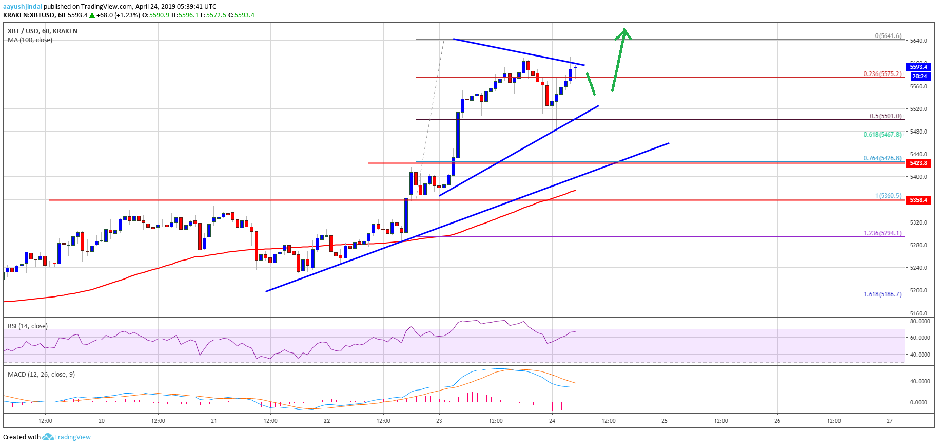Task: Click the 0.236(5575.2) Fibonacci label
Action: coord(882,74)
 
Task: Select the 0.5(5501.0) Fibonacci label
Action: coord(885,116)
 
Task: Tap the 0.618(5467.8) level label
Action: coord(882,135)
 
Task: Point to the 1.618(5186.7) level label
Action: coord(882,294)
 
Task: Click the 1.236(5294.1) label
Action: coord(882,233)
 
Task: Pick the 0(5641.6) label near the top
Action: coord(888,36)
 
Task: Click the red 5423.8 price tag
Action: coord(918,163)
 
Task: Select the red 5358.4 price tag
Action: coord(918,200)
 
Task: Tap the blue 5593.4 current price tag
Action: coord(918,67)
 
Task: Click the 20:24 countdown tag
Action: coord(919,76)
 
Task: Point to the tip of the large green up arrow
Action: coord(624,29)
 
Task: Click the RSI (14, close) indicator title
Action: coord(28,326)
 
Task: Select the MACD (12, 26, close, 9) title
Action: coord(41,375)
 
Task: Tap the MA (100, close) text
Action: coord(30,40)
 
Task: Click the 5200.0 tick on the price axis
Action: coord(918,290)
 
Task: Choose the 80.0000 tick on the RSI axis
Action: coord(920,321)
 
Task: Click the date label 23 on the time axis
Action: coord(439,421)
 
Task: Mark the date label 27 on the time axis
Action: coord(890,421)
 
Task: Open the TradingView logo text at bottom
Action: coord(72,437)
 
